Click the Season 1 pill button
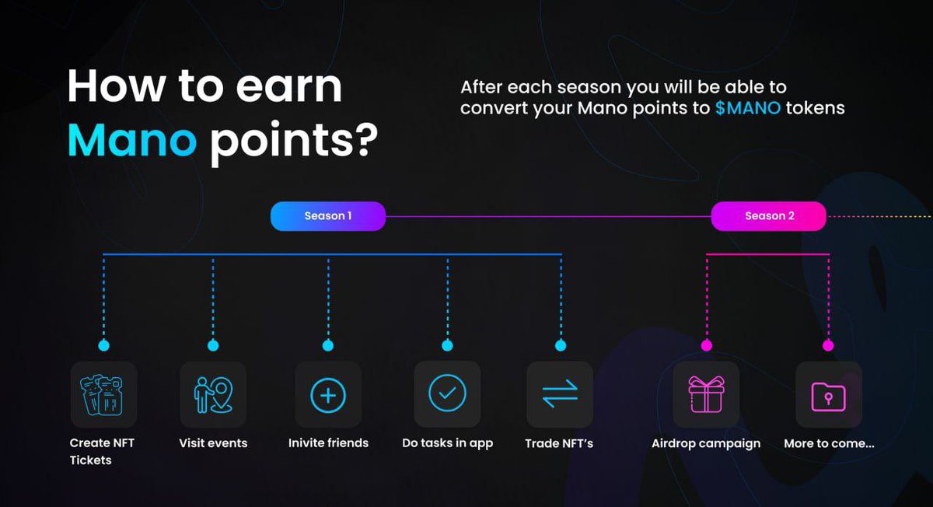(327, 216)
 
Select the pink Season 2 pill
(769, 216)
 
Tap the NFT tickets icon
(103, 395)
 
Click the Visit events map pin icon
(213, 395)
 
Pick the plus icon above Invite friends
(328, 395)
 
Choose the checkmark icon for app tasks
(447, 395)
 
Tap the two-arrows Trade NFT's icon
(560, 395)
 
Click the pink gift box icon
(706, 395)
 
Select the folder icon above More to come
(828, 395)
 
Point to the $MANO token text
(748, 108)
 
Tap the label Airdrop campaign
(706, 443)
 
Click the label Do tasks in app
(447, 443)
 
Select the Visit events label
(213, 443)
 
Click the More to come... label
(829, 443)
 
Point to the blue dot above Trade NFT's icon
(561, 345)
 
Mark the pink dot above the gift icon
(706, 345)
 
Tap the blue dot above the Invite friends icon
(328, 345)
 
